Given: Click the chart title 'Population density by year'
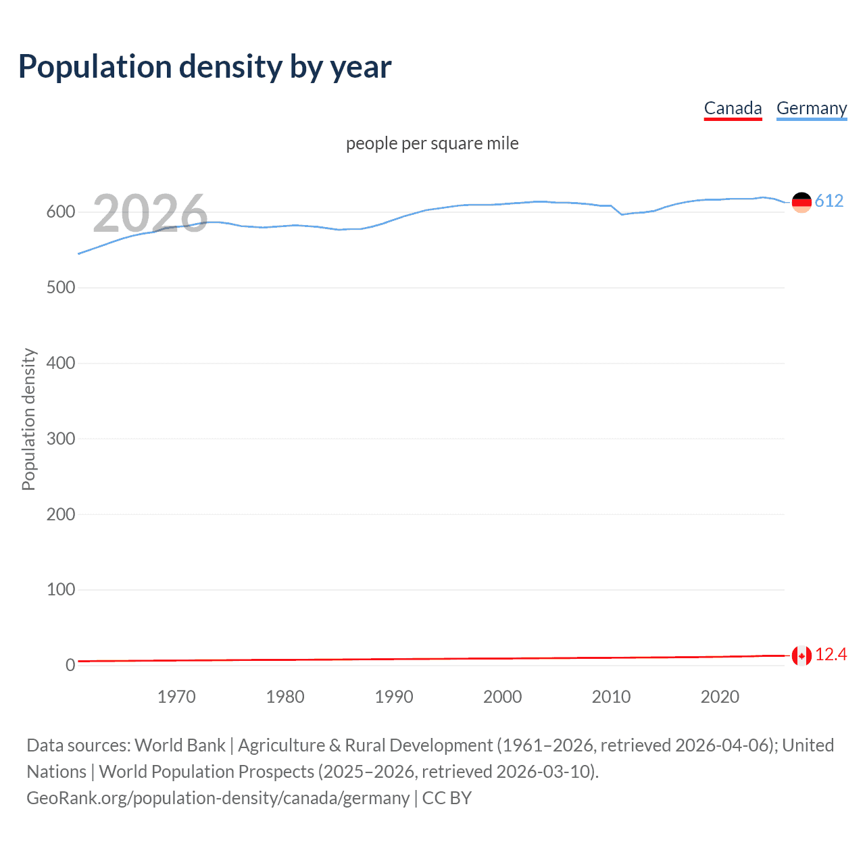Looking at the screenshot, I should (x=205, y=67).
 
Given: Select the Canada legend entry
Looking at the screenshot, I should (x=733, y=108).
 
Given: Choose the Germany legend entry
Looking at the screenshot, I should (x=811, y=108).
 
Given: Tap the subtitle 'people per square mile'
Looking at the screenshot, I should (x=432, y=143).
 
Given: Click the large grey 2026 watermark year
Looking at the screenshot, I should (x=150, y=214).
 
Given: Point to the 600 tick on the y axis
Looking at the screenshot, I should (x=61, y=212).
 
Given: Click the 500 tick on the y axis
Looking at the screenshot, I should (x=61, y=288).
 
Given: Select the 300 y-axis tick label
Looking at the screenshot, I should (x=61, y=439).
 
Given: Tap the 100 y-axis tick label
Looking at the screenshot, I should (x=61, y=590).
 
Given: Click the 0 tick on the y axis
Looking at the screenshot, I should (x=70, y=666).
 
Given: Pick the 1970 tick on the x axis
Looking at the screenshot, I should (x=176, y=697).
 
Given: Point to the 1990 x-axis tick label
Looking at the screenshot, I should (x=394, y=697).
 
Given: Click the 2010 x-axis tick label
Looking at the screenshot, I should (x=611, y=697).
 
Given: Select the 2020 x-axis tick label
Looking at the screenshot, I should (x=720, y=697).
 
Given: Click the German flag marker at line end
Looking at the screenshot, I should (x=801, y=202).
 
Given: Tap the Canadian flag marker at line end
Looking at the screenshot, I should (x=801, y=656).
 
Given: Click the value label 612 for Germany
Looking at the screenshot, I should (x=829, y=201).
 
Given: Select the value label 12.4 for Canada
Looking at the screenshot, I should (x=831, y=655).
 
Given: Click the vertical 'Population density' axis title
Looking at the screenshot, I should (x=28, y=419).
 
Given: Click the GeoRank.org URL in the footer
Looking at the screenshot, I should (x=218, y=798).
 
